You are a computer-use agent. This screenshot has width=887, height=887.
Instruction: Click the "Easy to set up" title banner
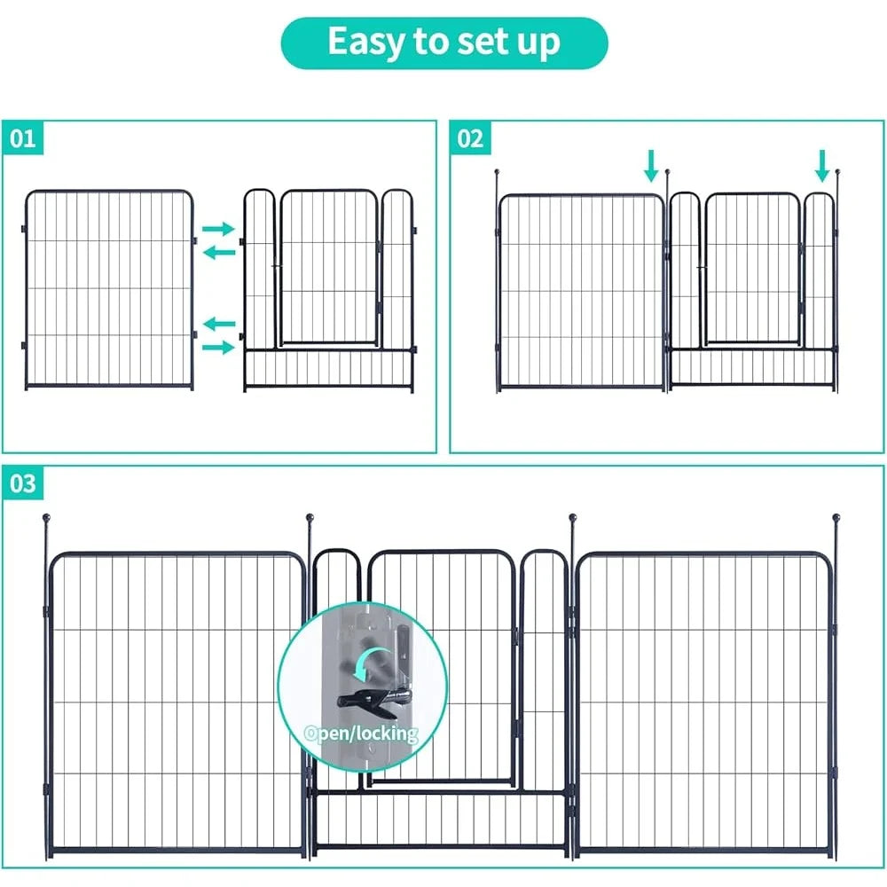pyautogui.click(x=443, y=43)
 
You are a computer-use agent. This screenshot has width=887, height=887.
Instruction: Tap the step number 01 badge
pyautogui.click(x=24, y=138)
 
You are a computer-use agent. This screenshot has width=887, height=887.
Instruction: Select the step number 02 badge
pyautogui.click(x=471, y=138)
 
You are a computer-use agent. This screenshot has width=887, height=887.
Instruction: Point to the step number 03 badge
pyautogui.click(x=24, y=483)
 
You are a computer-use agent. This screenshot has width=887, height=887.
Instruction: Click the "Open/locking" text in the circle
pyautogui.click(x=360, y=734)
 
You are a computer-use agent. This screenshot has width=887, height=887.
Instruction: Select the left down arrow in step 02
pyautogui.click(x=652, y=164)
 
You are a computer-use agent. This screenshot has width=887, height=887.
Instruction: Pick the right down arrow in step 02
pyautogui.click(x=822, y=164)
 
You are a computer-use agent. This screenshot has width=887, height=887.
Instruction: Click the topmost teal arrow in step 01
pyautogui.click(x=218, y=229)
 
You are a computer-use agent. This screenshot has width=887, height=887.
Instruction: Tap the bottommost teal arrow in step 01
pyautogui.click(x=218, y=347)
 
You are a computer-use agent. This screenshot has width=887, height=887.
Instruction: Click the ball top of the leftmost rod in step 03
pyautogui.click(x=46, y=517)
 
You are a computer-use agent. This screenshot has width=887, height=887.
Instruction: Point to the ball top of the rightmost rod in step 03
pyautogui.click(x=835, y=516)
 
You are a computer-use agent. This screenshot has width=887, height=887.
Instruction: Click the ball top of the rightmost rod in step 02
pyautogui.click(x=836, y=170)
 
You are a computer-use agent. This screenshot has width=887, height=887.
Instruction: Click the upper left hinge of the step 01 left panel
pyautogui.click(x=25, y=231)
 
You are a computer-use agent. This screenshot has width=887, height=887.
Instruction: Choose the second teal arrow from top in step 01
pyautogui.click(x=218, y=252)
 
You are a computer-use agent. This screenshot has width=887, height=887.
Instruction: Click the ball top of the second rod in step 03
pyautogui.click(x=310, y=517)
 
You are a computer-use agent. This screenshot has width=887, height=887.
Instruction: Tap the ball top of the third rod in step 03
pyautogui.click(x=573, y=517)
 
